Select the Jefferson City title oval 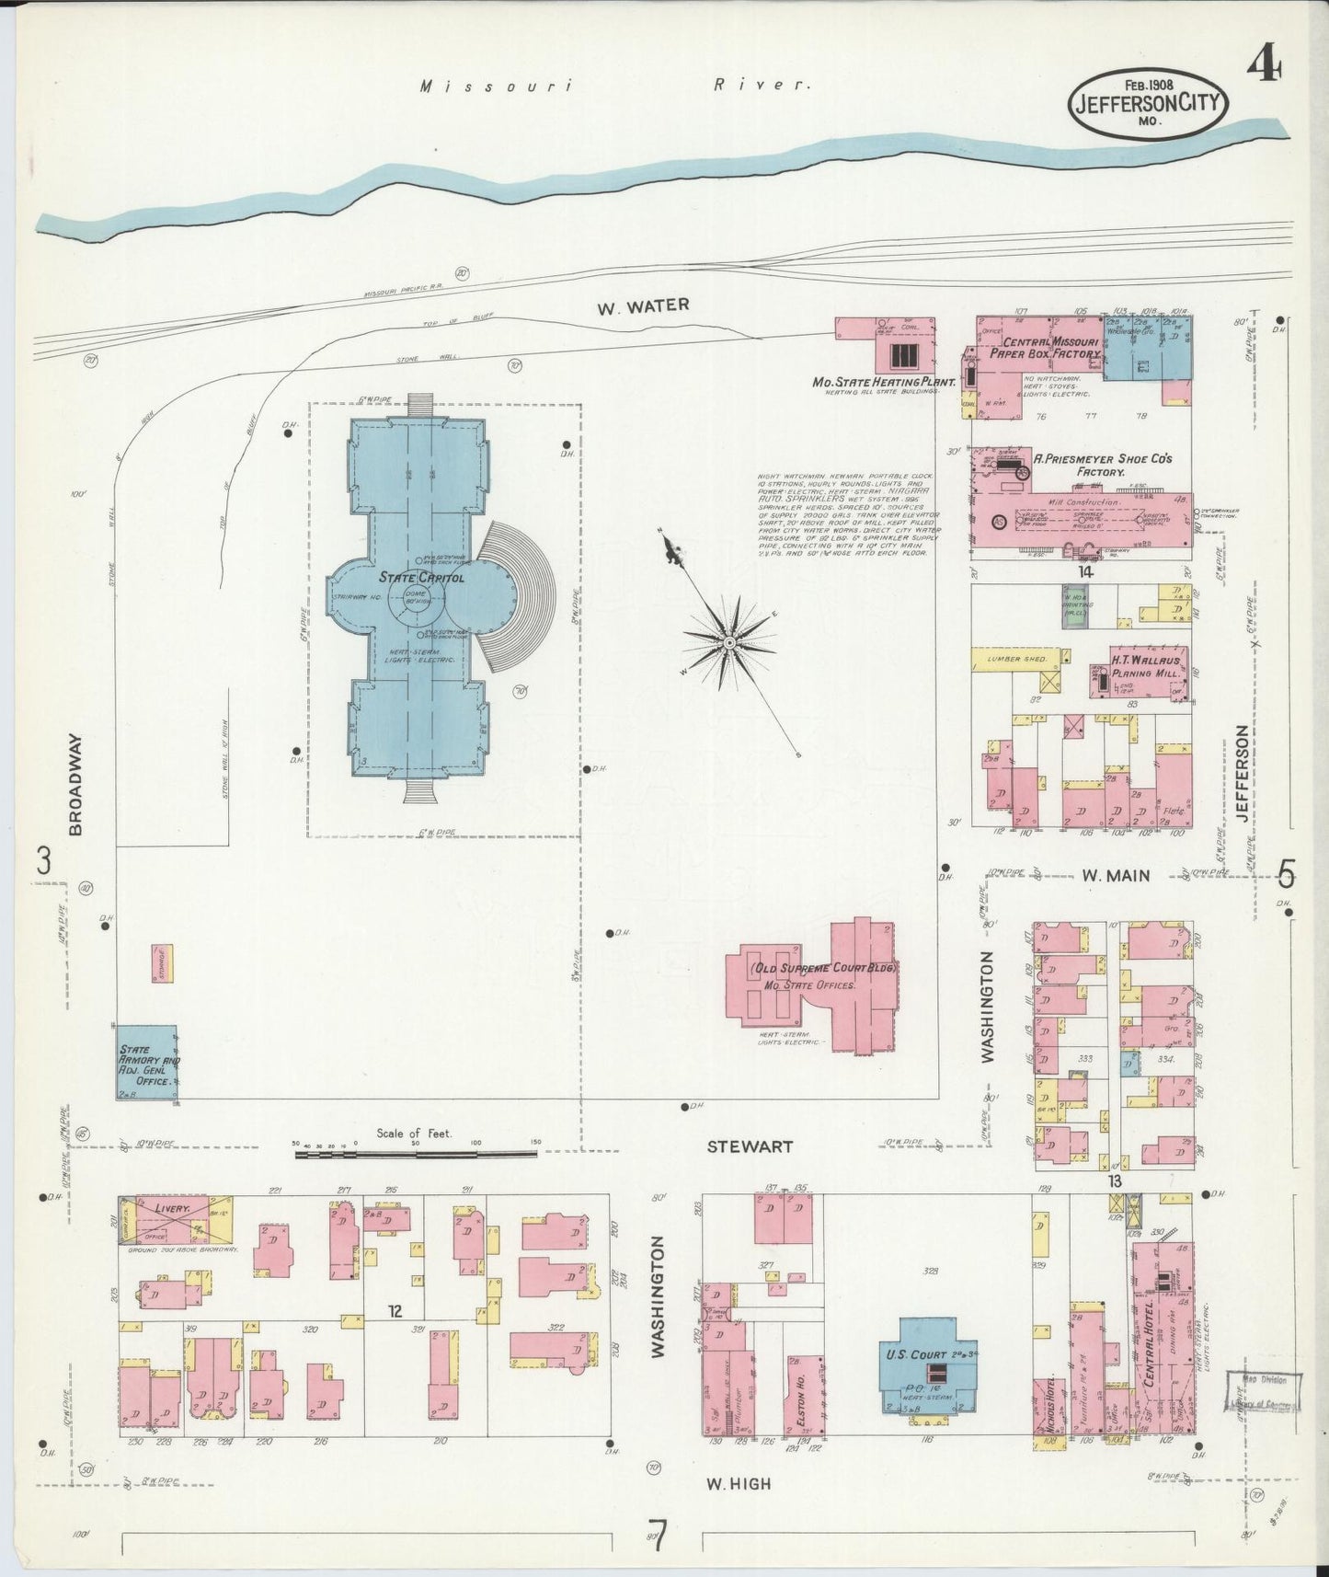coord(1149,104)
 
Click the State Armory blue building coord(147,1063)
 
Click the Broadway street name coord(76,784)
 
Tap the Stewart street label coord(750,1146)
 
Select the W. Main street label coord(1116,875)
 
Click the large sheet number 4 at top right coord(1266,67)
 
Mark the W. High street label coord(739,1483)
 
